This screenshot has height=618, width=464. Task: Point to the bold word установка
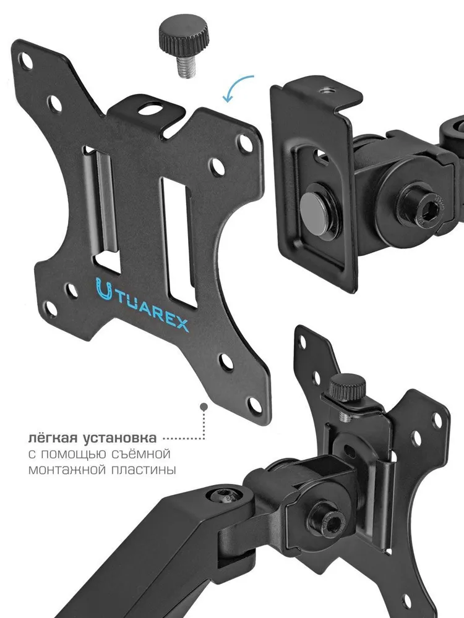tap(120, 438)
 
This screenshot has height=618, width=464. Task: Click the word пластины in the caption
tap(144, 470)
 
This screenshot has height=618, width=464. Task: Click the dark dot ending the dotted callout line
tap(204, 406)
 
